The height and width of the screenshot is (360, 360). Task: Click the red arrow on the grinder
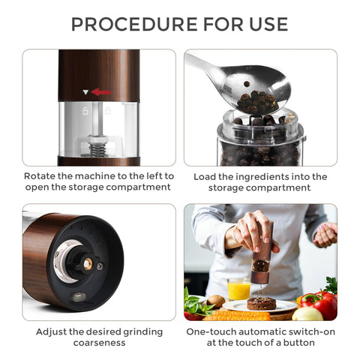(101, 92)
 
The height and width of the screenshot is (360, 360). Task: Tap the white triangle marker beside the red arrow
(86, 92)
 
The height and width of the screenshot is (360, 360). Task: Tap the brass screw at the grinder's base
(87, 264)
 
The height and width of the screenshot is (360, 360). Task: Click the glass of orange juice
(238, 288)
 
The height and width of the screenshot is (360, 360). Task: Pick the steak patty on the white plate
(262, 303)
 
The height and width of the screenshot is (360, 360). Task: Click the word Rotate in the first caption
(40, 176)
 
